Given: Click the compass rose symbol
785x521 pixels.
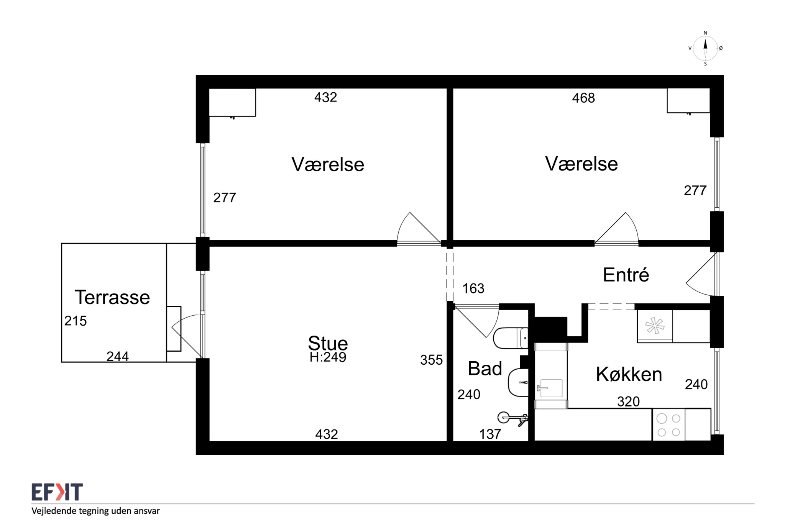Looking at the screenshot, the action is pos(705,49).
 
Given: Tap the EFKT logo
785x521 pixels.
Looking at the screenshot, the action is pos(57,492).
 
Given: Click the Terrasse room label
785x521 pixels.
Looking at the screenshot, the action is pos(112,297).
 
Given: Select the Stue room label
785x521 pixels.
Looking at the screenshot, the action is pos(328,343).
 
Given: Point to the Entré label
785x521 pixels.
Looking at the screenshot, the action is pos(626,274).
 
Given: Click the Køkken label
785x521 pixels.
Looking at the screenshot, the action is pos(629,374).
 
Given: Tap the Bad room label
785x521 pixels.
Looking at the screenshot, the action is pos(485,369).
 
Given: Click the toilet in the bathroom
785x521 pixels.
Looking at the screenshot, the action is pos(511,338).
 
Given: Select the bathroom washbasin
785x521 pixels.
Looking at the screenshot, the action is pos(518,382).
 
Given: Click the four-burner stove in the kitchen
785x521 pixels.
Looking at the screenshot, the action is pos(669,425).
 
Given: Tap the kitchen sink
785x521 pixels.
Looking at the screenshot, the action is pos(551,388).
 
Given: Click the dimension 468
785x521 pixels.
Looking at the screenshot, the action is pos(583,98).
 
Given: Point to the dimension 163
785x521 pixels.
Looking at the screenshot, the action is pos(473,288).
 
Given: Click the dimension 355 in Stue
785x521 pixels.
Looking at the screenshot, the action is pos(431,360).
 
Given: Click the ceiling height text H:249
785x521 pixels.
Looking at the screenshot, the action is pos(328,357).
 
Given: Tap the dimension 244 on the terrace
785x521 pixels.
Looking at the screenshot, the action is pos(117,356).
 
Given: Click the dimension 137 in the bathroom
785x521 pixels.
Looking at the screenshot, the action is pos(490,434).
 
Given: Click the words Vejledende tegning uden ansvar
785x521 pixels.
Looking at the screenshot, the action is pos(95,511).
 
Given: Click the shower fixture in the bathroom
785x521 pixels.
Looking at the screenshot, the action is pos(513,418).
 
